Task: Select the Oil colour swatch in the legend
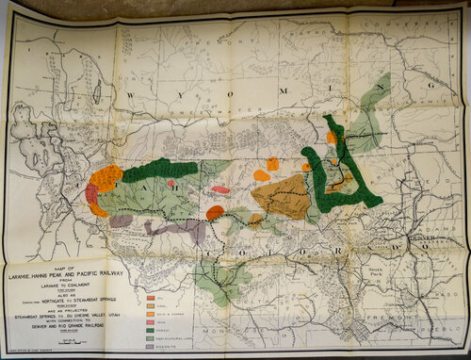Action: coord(152,295)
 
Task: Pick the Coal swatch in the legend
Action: coord(152,303)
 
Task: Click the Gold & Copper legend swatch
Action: coord(152,312)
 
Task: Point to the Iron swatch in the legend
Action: coord(152,320)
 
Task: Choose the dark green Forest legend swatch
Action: coord(152,329)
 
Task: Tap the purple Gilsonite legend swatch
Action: coord(152,346)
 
